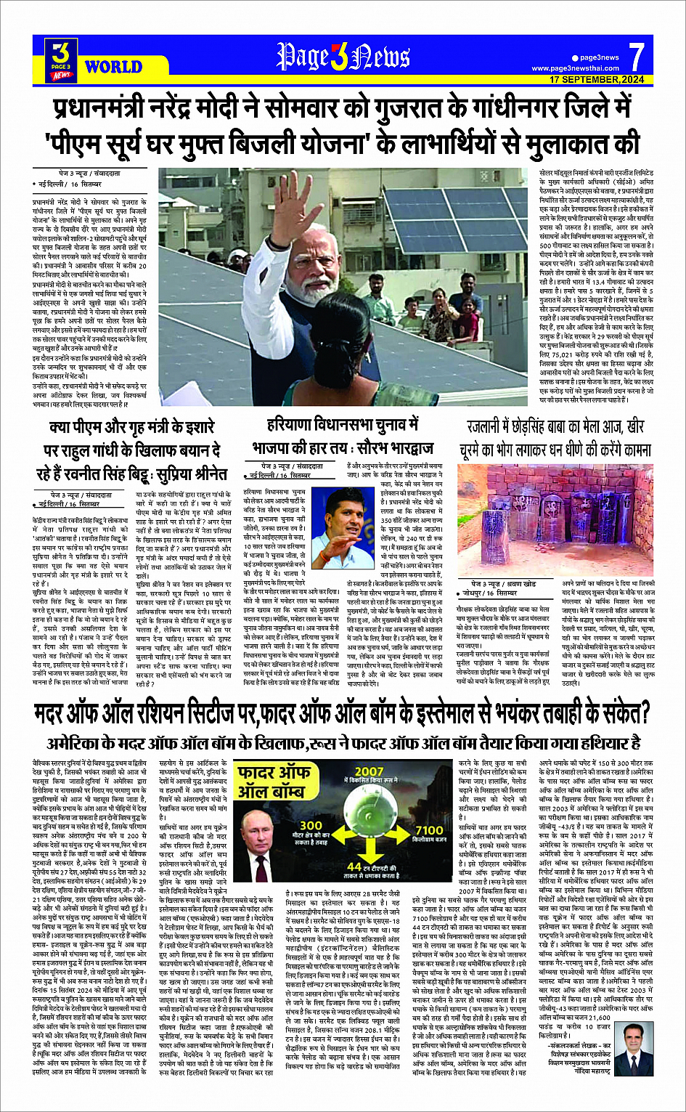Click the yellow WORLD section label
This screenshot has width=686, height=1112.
[113, 68]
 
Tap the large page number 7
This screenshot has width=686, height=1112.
[636, 57]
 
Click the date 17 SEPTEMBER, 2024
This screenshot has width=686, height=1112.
[597, 78]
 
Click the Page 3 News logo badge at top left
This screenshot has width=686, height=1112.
[62, 58]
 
